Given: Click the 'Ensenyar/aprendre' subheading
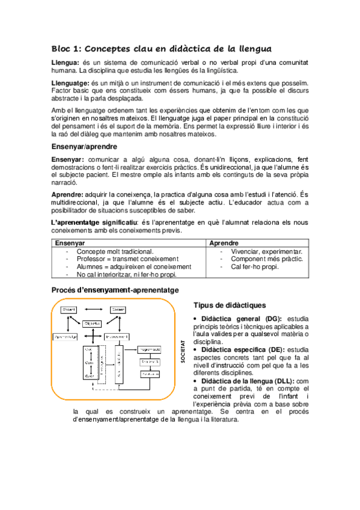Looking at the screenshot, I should pyautogui.click(x=84, y=147).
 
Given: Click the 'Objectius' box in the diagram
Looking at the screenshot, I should pyautogui.click(x=92, y=323).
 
